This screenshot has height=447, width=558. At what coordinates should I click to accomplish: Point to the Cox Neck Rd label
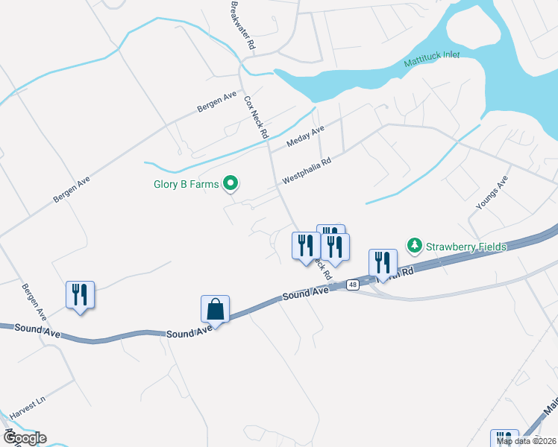point(257,118)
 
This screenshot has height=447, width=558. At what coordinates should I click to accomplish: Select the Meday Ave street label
point(305,136)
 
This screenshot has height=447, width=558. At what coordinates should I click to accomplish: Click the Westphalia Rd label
point(306,171)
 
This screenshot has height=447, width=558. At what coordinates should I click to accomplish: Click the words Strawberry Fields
point(466,247)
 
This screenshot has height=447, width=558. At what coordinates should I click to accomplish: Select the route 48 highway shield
point(352,284)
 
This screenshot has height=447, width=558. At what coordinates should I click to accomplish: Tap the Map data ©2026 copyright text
point(527,441)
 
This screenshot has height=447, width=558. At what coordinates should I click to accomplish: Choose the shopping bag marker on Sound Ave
point(215,308)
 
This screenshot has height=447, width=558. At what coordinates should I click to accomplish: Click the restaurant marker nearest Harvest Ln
point(81,294)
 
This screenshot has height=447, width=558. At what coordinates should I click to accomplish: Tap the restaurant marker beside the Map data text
point(504,439)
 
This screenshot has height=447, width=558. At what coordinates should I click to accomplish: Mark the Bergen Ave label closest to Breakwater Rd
point(216,103)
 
